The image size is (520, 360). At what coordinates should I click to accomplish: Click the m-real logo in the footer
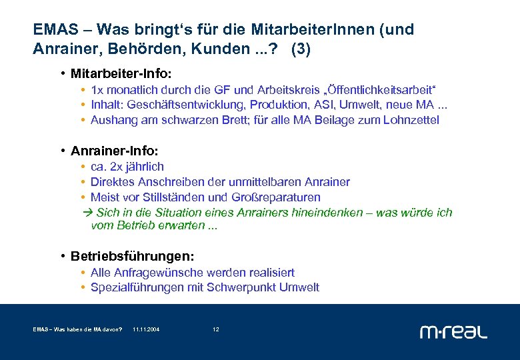(453, 331)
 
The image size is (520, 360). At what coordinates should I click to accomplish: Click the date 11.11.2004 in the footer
(146, 330)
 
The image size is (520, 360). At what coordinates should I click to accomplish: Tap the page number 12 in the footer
(215, 330)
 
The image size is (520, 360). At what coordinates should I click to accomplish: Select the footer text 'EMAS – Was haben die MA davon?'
(77, 330)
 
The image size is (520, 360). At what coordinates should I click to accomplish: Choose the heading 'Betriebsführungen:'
(133, 257)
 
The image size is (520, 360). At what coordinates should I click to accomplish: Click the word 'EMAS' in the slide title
(58, 30)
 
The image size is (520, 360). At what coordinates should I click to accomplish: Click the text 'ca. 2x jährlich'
(127, 167)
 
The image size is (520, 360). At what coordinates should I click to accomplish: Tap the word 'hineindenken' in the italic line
(334, 213)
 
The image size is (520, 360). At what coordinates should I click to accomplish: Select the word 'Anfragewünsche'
(153, 273)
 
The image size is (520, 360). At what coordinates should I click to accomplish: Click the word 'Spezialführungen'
(132, 288)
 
